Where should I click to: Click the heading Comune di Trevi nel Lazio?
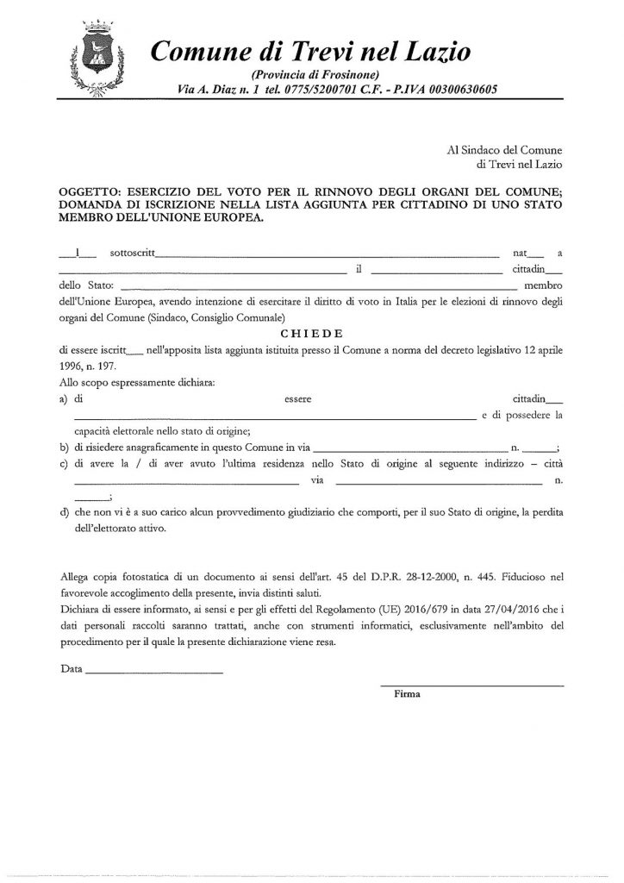pyautogui.click(x=310, y=52)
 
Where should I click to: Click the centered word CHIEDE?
pyautogui.click(x=311, y=334)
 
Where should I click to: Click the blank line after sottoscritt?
pyautogui.click(x=328, y=256)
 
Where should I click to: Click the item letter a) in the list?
pyautogui.click(x=65, y=399)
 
